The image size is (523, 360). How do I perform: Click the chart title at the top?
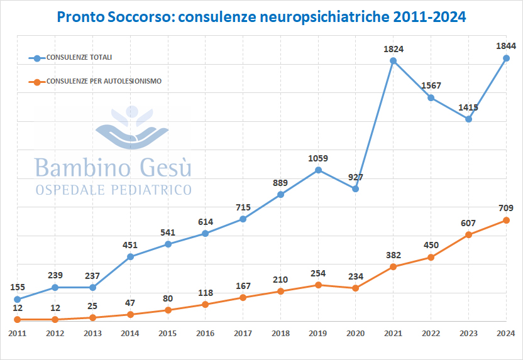click(x=261, y=17)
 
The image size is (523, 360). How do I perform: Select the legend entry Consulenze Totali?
click(x=79, y=58)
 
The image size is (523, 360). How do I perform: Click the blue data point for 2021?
click(x=393, y=61)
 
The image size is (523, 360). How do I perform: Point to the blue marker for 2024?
click(x=506, y=58)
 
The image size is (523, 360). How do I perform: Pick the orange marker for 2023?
click(x=468, y=235)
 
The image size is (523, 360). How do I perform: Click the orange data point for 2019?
click(x=318, y=285)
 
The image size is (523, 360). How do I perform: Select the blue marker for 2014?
click(x=130, y=256)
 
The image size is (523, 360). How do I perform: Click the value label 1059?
click(x=318, y=158)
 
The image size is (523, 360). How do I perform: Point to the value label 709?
click(x=506, y=207)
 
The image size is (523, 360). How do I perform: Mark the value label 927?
click(x=356, y=177)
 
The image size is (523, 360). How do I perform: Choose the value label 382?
click(x=393, y=254)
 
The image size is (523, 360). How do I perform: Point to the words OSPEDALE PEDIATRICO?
click(x=114, y=189)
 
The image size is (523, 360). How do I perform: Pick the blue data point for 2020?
click(x=356, y=188)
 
